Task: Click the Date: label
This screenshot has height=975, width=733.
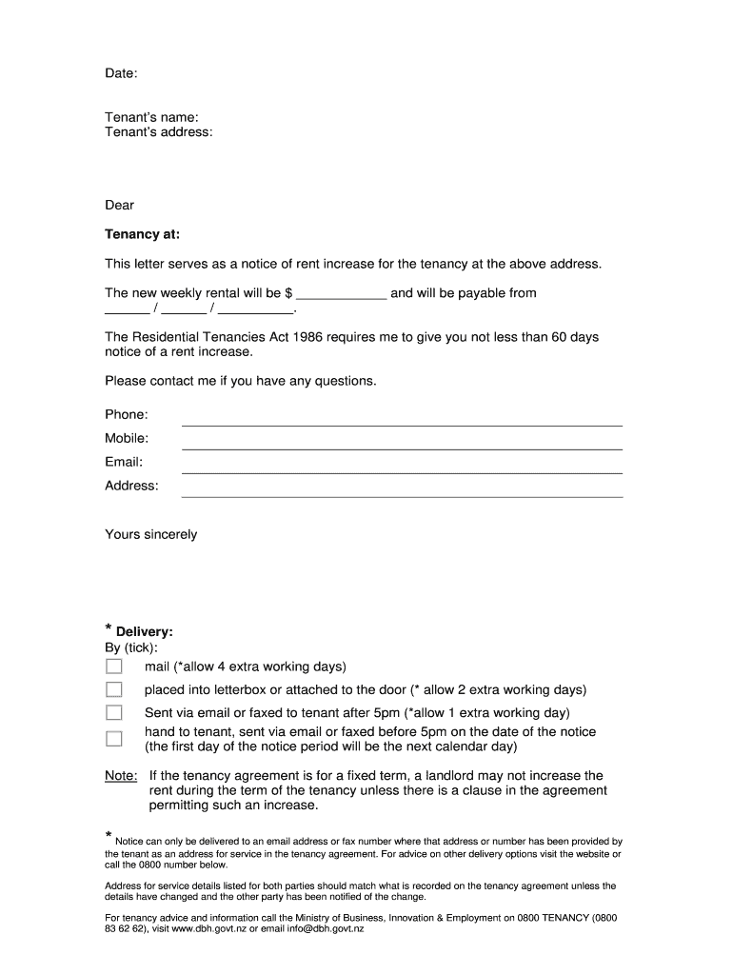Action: pos(121,73)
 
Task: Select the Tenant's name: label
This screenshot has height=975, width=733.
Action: pos(151,117)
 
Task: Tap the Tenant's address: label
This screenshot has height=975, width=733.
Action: pos(158,132)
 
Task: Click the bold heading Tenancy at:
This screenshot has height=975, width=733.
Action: pos(142,234)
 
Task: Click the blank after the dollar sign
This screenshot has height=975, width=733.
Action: pos(341,293)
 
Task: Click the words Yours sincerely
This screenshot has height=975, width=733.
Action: pos(150,534)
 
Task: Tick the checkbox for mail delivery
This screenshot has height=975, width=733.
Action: pos(114,667)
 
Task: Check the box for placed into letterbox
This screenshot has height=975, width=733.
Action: pos(114,689)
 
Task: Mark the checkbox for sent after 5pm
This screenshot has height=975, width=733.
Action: pos(114,712)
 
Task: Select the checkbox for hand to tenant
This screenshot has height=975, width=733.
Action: pos(114,739)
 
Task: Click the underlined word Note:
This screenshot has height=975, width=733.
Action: pos(121,776)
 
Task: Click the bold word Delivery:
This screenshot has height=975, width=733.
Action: pos(145,632)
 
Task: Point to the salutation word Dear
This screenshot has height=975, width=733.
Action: pos(119,205)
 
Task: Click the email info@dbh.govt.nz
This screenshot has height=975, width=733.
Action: pos(324,929)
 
